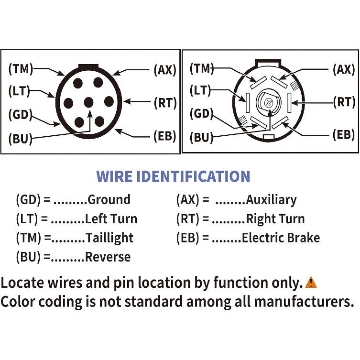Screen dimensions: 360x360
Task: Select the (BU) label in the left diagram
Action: [20, 139]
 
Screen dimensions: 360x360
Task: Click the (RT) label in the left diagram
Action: [165, 102]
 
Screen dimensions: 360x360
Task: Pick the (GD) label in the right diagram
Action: [201, 114]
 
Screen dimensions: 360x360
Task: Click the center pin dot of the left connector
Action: [88, 102]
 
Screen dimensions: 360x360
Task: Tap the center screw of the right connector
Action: [268, 101]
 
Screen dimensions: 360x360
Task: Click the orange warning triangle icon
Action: [311, 283]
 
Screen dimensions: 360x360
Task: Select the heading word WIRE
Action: [115, 176]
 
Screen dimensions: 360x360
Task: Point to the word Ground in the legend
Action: [109, 200]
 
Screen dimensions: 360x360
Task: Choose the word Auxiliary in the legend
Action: [271, 200]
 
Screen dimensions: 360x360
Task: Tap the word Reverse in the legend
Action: [108, 257]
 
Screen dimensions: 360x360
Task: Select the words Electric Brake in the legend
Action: [281, 238]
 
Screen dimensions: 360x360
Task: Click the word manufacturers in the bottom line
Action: [305, 302]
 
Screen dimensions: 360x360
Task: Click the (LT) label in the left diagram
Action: [20, 90]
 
